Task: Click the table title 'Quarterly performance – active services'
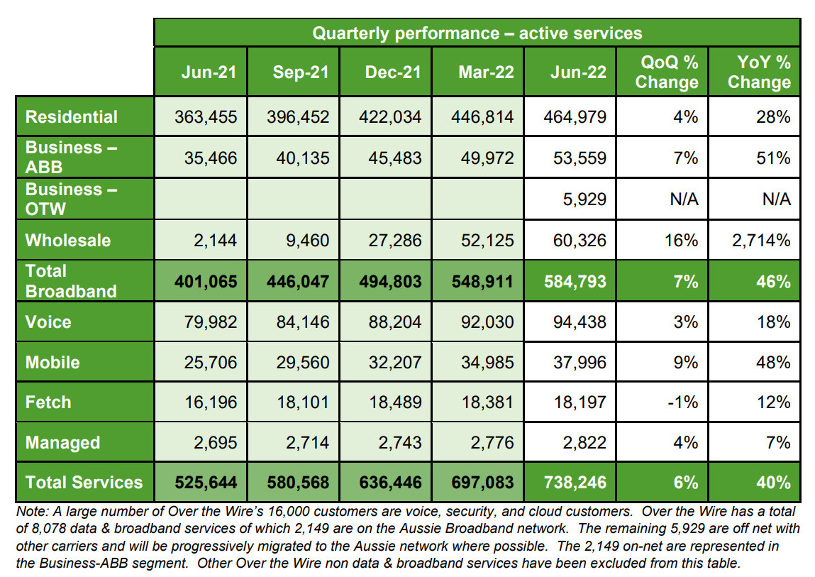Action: (x=477, y=33)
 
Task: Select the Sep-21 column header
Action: (x=301, y=72)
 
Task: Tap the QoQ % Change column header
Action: (x=666, y=72)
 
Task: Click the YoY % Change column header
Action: (x=758, y=72)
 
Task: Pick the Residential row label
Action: (x=72, y=117)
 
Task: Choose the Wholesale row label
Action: (x=68, y=240)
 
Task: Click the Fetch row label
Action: (x=48, y=402)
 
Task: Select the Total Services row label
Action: (x=84, y=483)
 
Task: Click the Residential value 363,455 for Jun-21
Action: (x=206, y=117)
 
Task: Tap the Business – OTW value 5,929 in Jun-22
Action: (x=582, y=199)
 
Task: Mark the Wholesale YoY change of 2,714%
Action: (x=761, y=240)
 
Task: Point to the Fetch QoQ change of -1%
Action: (x=686, y=402)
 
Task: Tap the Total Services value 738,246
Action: (x=575, y=483)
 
